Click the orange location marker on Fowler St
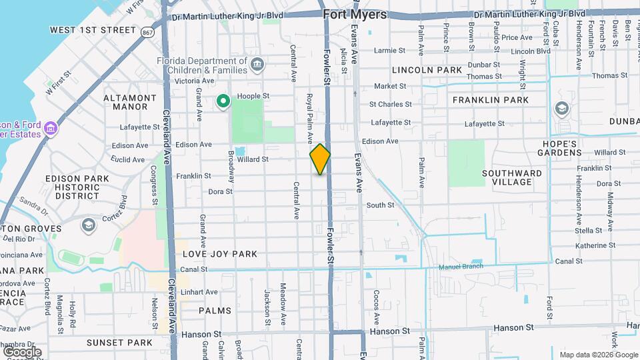coord(320,159)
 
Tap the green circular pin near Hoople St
coord(223,101)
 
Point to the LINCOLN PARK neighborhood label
coord(427,69)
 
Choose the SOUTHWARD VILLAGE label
coord(512,177)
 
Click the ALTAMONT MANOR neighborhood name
coord(130,102)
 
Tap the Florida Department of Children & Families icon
coord(257,65)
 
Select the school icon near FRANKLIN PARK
coord(562,109)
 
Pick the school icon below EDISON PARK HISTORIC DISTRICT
coord(87,225)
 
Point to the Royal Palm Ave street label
coord(309,119)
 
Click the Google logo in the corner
coord(22,351)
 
